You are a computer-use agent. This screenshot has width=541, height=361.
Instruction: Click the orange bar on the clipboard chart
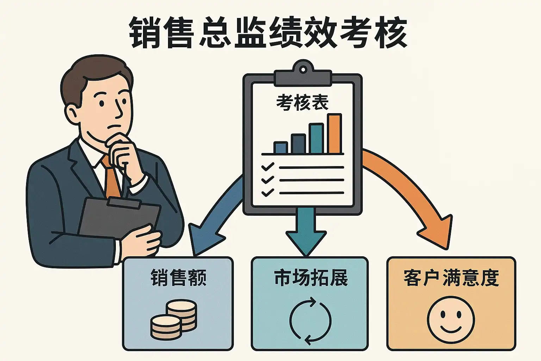pos(335,134)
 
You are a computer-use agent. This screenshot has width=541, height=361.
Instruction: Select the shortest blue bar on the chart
pos(281,147)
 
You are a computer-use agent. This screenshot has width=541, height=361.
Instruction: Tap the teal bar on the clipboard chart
pos(316,138)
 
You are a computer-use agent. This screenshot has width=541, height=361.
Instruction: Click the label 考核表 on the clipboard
pos(303,103)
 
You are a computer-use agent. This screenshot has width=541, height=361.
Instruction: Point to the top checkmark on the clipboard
pos(268,167)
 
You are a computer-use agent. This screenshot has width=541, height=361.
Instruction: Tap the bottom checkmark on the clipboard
pos(268,192)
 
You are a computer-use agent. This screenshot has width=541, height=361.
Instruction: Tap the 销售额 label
pos(178,278)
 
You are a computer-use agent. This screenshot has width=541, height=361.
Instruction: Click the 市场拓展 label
pos(311,278)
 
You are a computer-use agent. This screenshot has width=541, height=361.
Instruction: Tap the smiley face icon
pos(451,320)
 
